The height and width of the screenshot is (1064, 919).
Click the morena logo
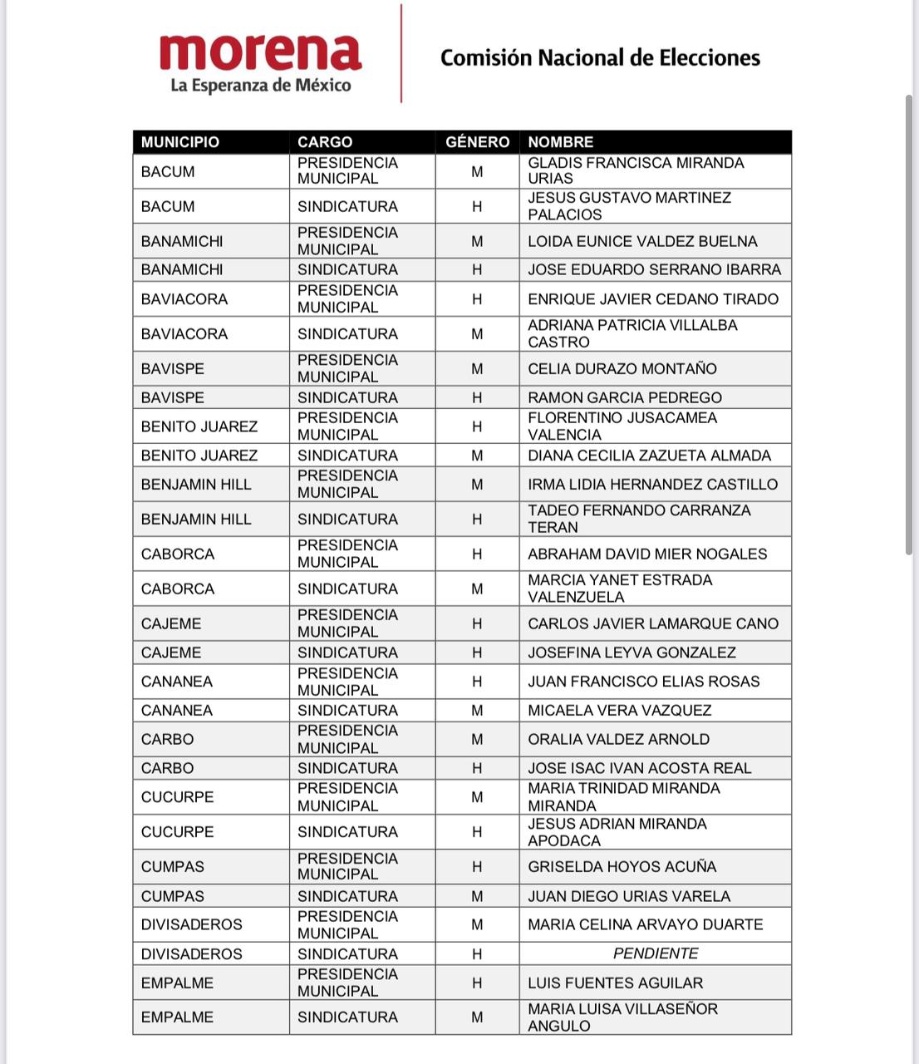pyautogui.click(x=260, y=52)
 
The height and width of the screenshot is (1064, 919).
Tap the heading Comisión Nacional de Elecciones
pyautogui.click(x=600, y=57)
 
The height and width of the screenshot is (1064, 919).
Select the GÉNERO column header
pyautogui.click(x=477, y=142)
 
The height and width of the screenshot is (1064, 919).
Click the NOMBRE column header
pyautogui.click(x=561, y=142)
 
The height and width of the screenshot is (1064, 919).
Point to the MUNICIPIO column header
pyautogui.click(x=180, y=142)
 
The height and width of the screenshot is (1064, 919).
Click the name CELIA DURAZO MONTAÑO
pyautogui.click(x=622, y=368)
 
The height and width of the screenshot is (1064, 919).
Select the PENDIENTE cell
pyautogui.click(x=656, y=953)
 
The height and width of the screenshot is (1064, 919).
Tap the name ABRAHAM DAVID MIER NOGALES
pyautogui.click(x=647, y=554)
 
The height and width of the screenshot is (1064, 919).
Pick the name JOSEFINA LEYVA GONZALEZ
pyautogui.click(x=632, y=653)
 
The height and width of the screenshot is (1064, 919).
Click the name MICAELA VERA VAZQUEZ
pyautogui.click(x=620, y=710)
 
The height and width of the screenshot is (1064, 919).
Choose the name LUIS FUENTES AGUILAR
pyautogui.click(x=615, y=983)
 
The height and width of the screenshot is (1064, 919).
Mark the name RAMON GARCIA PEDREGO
pyautogui.click(x=625, y=397)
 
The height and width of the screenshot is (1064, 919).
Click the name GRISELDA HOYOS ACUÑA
pyautogui.click(x=622, y=866)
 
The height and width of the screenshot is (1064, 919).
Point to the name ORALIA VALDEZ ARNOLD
pyautogui.click(x=618, y=739)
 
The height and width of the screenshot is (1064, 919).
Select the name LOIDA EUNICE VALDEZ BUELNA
pyautogui.click(x=642, y=241)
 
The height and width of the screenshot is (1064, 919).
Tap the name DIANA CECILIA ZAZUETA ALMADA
pyautogui.click(x=649, y=455)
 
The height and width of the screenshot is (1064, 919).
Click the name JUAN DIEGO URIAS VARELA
pyautogui.click(x=629, y=896)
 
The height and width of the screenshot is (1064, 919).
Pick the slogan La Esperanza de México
pyautogui.click(x=260, y=85)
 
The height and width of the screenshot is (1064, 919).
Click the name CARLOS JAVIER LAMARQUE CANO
pyautogui.click(x=653, y=623)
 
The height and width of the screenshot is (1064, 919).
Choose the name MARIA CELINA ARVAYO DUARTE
pyautogui.click(x=645, y=924)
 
